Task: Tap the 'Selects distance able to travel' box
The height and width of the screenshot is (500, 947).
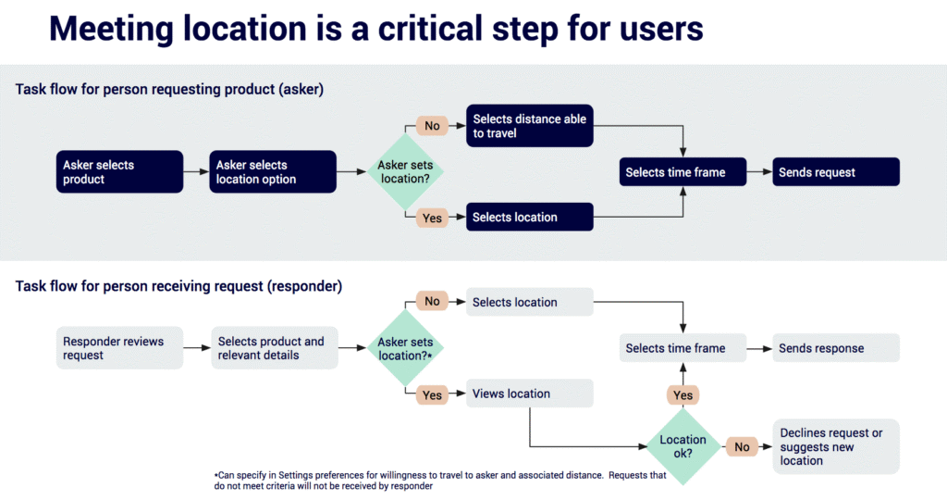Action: pos(529,126)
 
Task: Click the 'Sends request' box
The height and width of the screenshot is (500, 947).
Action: pos(836,172)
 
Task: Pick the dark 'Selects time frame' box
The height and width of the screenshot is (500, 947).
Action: pos(683,172)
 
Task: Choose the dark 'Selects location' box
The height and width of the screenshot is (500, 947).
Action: pos(529,218)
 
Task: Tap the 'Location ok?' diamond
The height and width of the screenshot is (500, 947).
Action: pos(683,447)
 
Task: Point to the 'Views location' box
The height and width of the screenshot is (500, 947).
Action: pos(529,394)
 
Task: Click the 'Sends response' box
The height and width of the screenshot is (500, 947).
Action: pos(836,348)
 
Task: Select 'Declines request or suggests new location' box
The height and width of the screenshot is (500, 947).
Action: pos(836,447)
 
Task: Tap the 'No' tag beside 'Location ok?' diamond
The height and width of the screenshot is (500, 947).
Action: pos(742,447)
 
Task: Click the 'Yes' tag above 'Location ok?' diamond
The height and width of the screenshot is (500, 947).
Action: pos(683,394)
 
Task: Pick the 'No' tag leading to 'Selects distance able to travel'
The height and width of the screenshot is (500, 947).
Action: pos(432,126)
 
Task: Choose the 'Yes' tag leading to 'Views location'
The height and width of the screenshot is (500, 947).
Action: pos(432,395)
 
